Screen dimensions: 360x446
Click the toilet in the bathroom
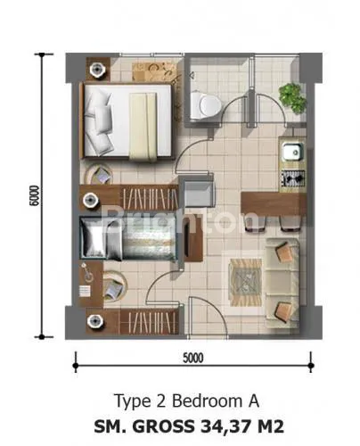point(205,104)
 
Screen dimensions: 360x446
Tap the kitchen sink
point(292,152)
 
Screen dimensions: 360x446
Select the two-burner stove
point(293,178)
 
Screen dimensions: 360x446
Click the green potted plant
point(292,97)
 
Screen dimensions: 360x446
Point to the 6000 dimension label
point(34,195)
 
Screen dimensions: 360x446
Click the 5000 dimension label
point(193,358)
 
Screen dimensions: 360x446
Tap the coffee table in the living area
point(246,282)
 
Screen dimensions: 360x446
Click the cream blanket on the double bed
point(143,127)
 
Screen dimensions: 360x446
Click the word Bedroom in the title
point(207,401)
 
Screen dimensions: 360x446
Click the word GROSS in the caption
point(163,426)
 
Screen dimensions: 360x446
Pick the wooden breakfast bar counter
point(274,204)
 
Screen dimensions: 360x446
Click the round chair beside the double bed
point(100,175)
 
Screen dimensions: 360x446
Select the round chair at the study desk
point(115,286)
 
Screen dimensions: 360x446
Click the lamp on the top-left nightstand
point(97,70)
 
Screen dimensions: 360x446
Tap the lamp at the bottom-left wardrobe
point(95,321)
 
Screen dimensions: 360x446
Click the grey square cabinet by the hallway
point(199,194)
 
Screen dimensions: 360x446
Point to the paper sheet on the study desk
point(85,291)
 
